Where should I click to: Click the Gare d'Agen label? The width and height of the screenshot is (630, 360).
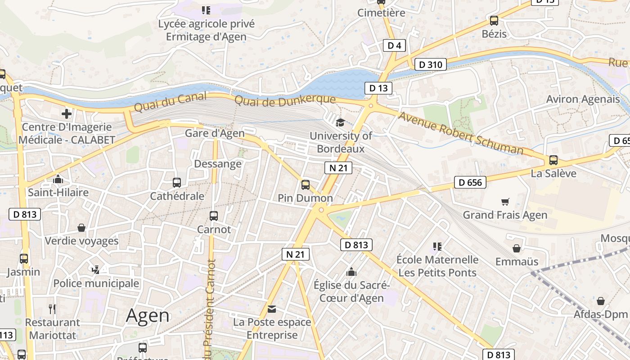click(x=215, y=133)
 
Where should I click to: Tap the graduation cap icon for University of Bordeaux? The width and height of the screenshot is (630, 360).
click(x=341, y=122)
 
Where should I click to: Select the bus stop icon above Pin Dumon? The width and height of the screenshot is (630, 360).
click(x=306, y=184)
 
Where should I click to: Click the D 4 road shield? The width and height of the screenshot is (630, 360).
click(x=394, y=45)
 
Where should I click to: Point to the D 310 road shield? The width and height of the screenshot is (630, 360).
click(x=430, y=65)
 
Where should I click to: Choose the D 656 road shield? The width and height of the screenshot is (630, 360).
click(x=470, y=182)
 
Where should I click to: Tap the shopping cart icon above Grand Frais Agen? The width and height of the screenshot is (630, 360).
click(x=505, y=202)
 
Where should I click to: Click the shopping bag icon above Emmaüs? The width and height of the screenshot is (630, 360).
click(x=517, y=248)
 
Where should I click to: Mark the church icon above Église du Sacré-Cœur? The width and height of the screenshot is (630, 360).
click(x=351, y=272)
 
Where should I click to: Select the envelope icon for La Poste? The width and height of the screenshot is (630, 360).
click(x=272, y=309)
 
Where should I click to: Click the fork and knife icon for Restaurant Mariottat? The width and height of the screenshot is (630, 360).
click(x=52, y=309)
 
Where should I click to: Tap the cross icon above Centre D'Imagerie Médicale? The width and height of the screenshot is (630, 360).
click(x=67, y=114)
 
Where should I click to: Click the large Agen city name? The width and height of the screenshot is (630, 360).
click(x=148, y=315)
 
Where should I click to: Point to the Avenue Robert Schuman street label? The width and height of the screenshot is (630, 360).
click(x=461, y=133)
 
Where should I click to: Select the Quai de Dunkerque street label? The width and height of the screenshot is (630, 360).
click(x=285, y=99)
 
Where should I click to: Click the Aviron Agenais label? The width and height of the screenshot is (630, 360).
click(x=583, y=99)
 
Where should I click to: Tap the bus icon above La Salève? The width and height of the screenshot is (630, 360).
click(x=553, y=160)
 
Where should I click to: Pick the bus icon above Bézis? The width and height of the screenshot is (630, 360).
click(x=494, y=21)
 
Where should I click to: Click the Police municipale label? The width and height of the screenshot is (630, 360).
click(x=96, y=283)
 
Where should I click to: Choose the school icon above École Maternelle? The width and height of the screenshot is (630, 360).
click(x=437, y=246)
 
